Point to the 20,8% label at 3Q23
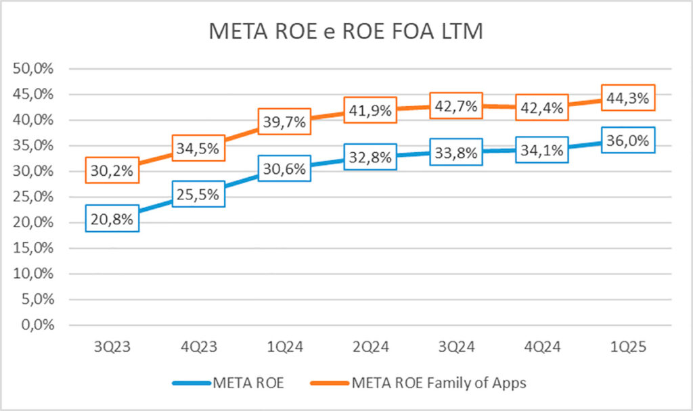coord(113,218)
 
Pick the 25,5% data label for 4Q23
coord(198,195)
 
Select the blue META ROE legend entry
coord(248,383)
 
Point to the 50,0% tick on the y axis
coord(34,69)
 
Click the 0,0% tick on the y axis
coord(37,325)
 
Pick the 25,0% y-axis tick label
coord(34,197)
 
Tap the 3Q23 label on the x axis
coord(112,348)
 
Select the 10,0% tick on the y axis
coord(34,274)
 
